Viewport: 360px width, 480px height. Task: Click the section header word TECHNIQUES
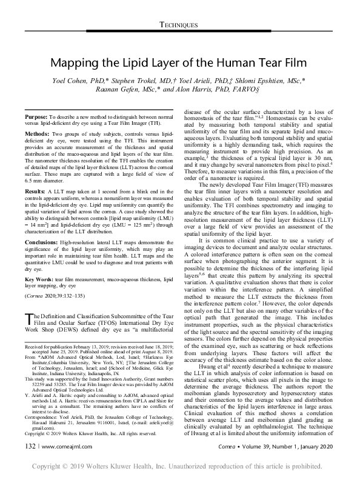[x=179, y=24]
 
